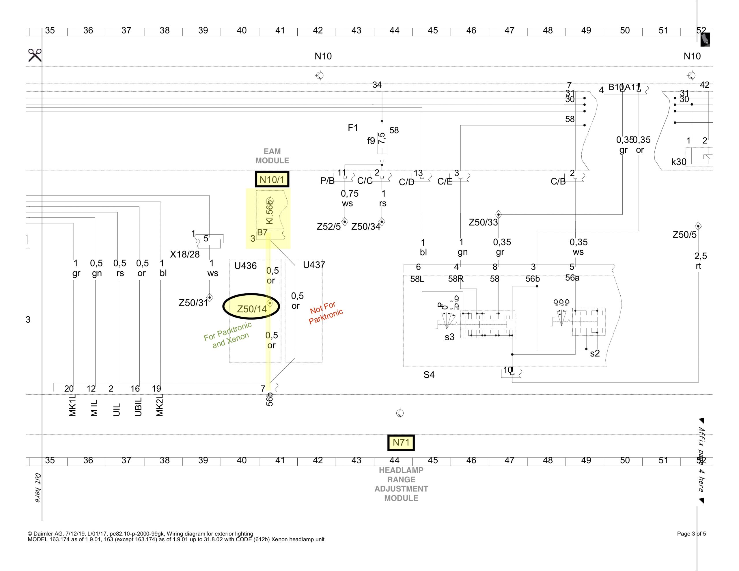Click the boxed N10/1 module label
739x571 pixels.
pos(272,179)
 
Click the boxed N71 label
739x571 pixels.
pos(401,442)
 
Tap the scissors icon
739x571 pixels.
pos(35,55)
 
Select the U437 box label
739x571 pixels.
pos(314,265)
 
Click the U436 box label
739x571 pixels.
pos(245,266)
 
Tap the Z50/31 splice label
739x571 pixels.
pos(193,303)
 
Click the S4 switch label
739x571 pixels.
pos(429,375)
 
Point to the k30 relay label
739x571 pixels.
pos(678,162)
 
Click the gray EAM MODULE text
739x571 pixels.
pos(272,156)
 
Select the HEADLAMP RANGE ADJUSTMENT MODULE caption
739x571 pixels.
pos(401,484)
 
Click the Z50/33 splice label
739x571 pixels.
pos(483,222)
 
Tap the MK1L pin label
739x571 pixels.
pos(72,405)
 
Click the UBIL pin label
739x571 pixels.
pos(138,407)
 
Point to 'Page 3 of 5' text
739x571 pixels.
pos(691,534)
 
